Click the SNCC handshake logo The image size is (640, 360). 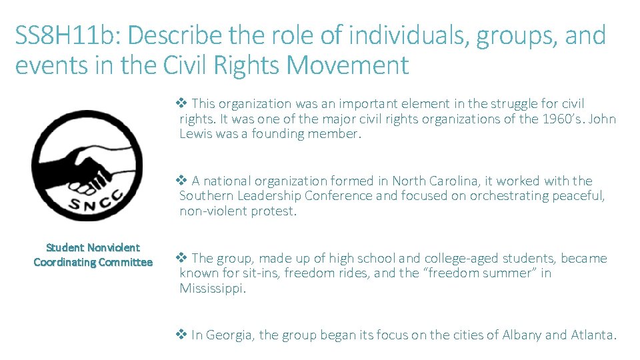87,165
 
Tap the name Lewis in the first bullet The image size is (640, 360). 199,133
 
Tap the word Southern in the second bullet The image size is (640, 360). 205,196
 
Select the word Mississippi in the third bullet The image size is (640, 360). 213,289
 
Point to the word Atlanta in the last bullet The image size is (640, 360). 592,335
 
